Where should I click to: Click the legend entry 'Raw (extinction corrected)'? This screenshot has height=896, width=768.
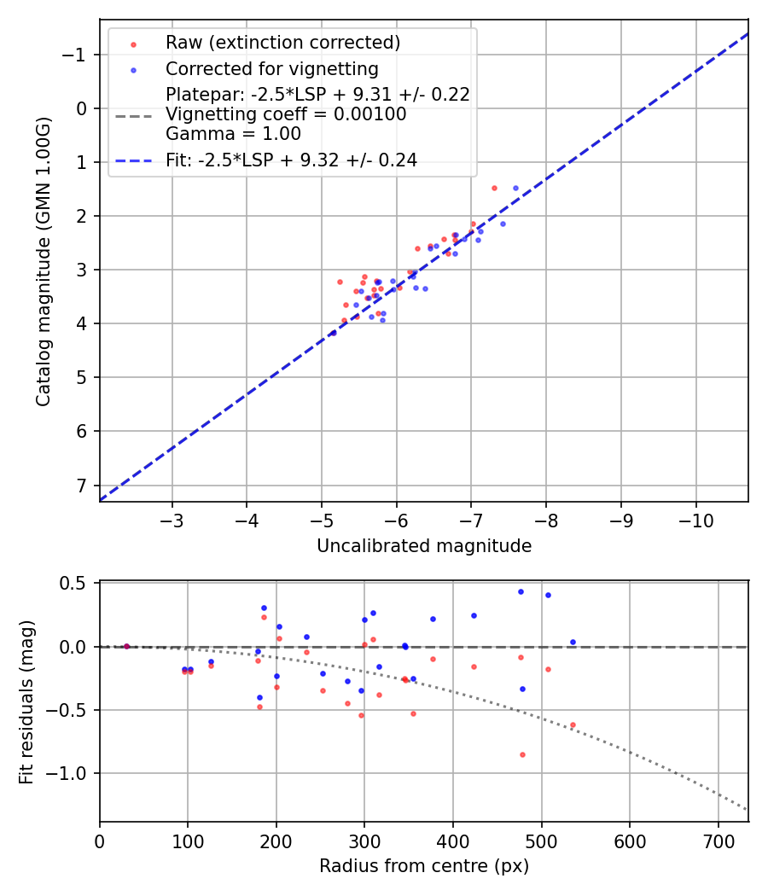pos(283,43)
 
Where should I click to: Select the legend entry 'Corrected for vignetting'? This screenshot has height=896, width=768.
pos(271,68)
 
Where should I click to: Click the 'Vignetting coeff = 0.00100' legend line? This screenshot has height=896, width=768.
pos(286,114)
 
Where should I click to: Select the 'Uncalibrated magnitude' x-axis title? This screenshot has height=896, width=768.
pos(424,546)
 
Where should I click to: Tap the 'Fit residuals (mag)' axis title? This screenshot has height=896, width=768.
pos(26,701)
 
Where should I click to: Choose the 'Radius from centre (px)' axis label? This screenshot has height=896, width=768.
pos(424,866)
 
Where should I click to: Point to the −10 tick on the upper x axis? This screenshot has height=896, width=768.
pos(695,519)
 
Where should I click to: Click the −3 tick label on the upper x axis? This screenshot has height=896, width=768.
pos(172,519)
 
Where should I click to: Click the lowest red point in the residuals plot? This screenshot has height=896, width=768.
pos(522,754)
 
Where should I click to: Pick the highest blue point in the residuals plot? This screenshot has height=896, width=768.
pos(521,591)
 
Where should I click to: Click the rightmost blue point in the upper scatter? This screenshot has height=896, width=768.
pos(515,188)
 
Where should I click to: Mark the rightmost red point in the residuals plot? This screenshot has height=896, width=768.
pos(573,724)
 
